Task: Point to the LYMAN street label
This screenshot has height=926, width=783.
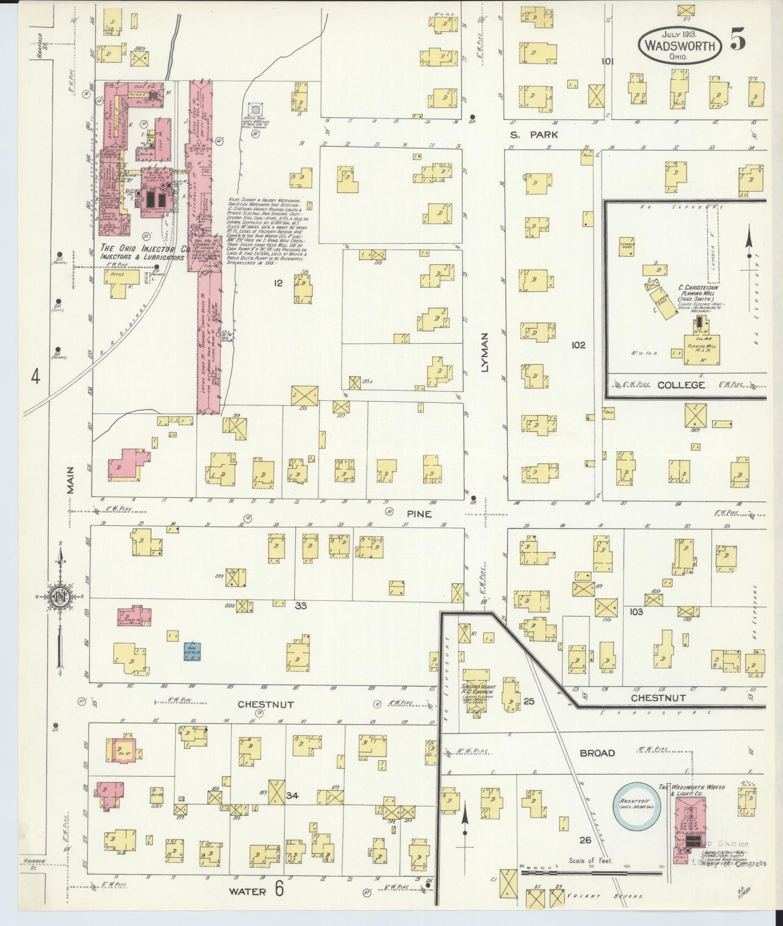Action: coord(484,351)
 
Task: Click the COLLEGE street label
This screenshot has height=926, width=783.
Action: coord(681,385)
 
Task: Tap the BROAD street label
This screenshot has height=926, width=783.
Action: coord(597,753)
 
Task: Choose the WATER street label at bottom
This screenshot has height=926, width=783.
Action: coord(247,891)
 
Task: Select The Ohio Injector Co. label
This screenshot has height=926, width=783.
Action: coord(144,249)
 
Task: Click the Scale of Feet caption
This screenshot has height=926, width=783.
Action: coord(590,860)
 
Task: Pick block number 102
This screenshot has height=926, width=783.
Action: coord(578,345)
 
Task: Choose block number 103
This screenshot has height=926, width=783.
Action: coord(636,612)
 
